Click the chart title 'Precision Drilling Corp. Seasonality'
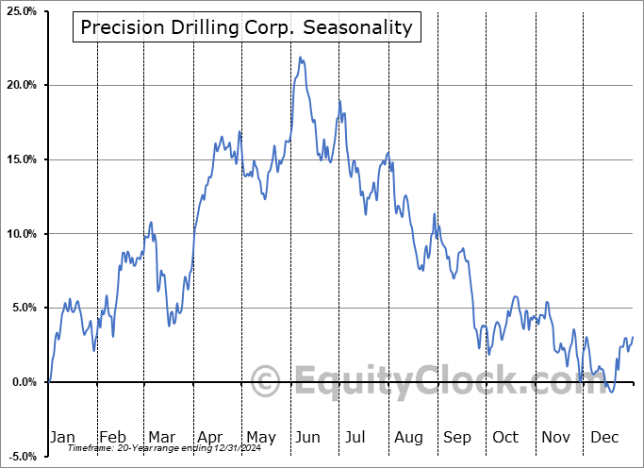click(x=246, y=27)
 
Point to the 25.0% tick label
click(x=21, y=11)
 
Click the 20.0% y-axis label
click(x=21, y=86)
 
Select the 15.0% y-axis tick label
click(x=21, y=159)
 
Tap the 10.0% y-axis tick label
click(x=21, y=234)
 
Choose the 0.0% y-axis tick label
click(x=23, y=382)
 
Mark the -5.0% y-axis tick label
click(x=21, y=457)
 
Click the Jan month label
click(x=61, y=437)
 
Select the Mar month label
click(x=161, y=437)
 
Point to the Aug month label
click(x=408, y=437)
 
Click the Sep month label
click(x=457, y=437)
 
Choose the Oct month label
click(x=506, y=437)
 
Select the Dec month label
click(x=605, y=437)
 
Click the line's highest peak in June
click(x=300, y=58)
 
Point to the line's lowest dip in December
click(x=611, y=392)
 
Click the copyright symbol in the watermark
click(x=266, y=382)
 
